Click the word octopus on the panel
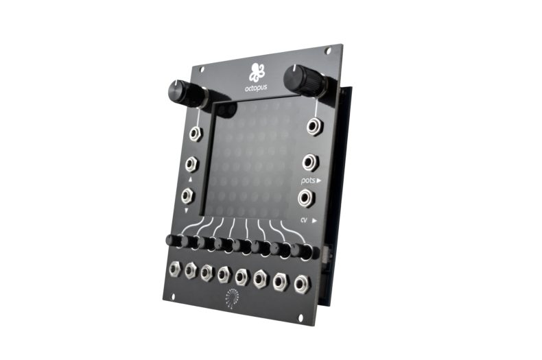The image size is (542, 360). point(256,88)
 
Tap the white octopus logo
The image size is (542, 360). point(257,71)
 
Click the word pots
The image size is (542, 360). point(307,180)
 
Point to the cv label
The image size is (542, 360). point(304,219)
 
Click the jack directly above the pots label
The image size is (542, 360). point(310,162)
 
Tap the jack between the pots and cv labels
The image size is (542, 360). point(306,198)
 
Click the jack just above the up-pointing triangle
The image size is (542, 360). point(191,164)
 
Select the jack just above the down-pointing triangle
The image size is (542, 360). point(187,195)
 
